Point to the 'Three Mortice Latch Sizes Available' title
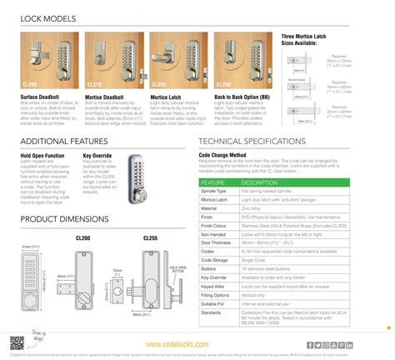coord(309,41)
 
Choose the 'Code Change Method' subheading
coord(222,155)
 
